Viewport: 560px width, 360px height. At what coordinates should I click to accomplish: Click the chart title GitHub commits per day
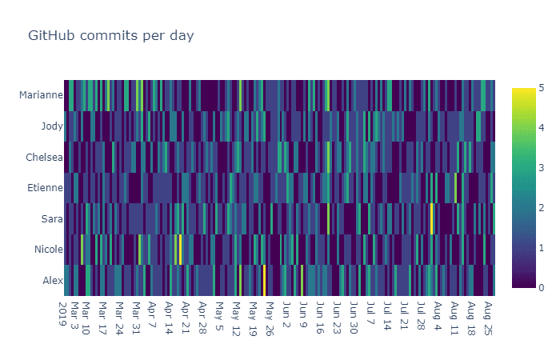(x=111, y=36)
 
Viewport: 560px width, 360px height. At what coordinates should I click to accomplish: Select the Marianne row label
(x=40, y=95)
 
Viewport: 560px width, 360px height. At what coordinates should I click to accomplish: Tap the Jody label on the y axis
(x=52, y=126)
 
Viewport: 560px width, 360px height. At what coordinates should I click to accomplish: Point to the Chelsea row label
(x=44, y=157)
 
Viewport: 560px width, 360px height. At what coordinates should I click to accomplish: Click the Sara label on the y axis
(x=52, y=218)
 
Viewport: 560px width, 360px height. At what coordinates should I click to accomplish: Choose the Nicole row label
(x=48, y=250)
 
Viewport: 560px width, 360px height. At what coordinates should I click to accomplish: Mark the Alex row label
(x=53, y=280)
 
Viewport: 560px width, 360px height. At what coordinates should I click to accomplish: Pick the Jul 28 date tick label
(x=420, y=314)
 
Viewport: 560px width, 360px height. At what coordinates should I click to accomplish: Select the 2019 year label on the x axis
(x=63, y=312)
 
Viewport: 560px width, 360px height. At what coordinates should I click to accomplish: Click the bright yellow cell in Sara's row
(x=432, y=218)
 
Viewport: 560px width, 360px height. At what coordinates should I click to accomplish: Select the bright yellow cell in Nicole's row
(x=180, y=250)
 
